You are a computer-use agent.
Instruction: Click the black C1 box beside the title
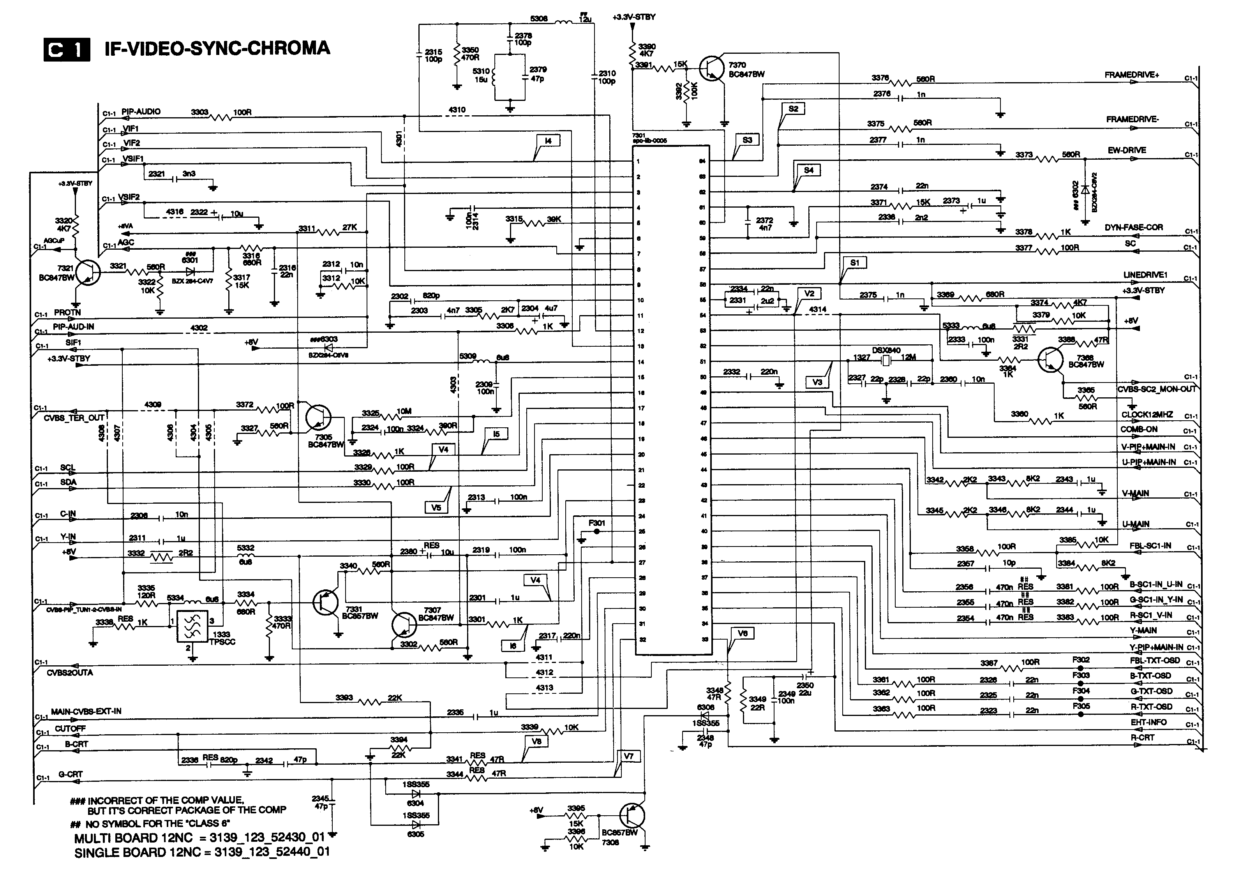click(x=66, y=50)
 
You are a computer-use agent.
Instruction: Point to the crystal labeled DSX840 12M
click(x=886, y=360)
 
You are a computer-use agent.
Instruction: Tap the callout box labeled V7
click(x=628, y=756)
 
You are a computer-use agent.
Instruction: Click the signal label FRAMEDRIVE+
click(x=1131, y=75)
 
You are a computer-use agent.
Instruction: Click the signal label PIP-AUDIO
click(x=141, y=111)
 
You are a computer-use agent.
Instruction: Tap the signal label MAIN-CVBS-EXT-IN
click(x=86, y=711)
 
